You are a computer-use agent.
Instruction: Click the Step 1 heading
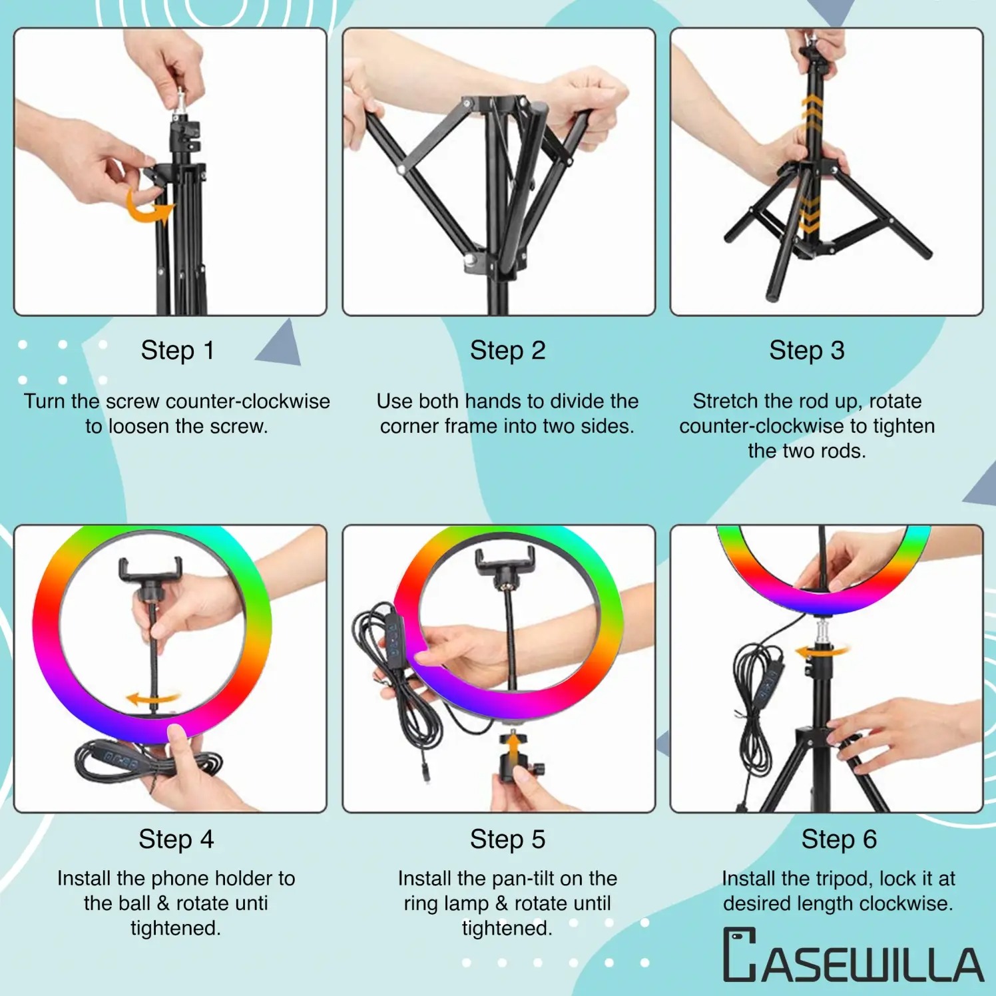tap(177, 350)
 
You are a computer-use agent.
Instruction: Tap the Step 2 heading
tap(507, 350)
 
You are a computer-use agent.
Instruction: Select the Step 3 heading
tap(806, 350)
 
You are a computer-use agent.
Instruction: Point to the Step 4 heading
tap(176, 839)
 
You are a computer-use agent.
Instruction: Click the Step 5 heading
tap(507, 839)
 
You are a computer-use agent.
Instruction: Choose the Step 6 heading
tap(838, 839)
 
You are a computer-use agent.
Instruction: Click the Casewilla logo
tap(853, 955)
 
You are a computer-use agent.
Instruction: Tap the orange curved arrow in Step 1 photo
tap(148, 206)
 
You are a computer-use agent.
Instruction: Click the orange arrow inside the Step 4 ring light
tap(152, 698)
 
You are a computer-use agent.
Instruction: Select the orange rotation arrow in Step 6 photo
tap(824, 651)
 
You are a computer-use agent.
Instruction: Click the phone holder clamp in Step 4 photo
tap(150, 571)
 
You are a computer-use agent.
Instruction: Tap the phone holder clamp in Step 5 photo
tap(505, 563)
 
